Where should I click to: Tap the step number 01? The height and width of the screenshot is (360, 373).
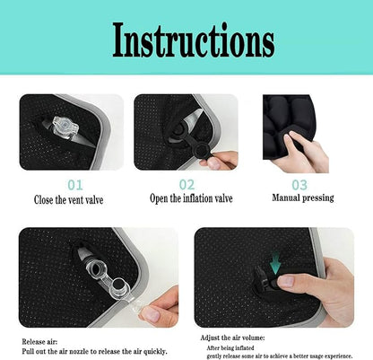69,184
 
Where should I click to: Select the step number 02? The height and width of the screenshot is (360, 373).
186,184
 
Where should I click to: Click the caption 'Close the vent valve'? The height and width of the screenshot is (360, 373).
69,199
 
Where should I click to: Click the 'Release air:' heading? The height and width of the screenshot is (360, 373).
41,342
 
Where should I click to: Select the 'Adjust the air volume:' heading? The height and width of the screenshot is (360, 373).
235,338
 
